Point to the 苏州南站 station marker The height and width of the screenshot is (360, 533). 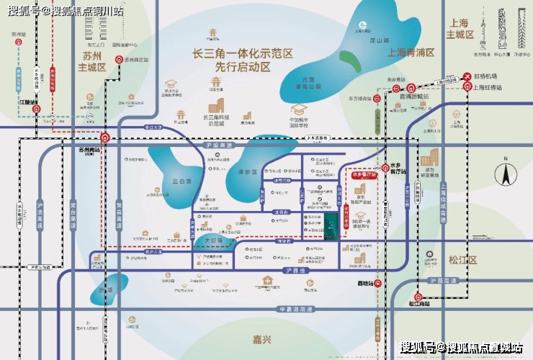click(106, 136)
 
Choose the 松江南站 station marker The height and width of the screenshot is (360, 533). click(417, 295)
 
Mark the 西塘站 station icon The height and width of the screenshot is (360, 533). click(376, 283)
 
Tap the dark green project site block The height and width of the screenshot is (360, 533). click(331, 223)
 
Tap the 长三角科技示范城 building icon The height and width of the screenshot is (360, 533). click(216, 106)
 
